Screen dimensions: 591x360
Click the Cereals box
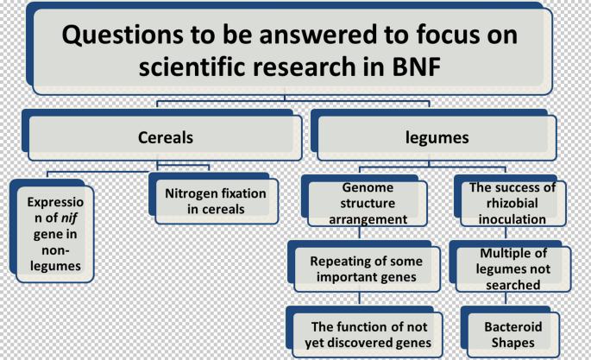(166, 136)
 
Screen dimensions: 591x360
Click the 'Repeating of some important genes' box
(367, 268)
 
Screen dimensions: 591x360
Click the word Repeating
(340, 261)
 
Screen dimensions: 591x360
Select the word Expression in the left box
(52, 201)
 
